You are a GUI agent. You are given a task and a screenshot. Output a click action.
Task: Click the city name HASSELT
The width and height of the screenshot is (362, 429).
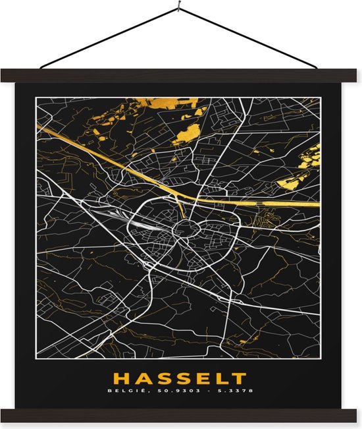tap(180, 379)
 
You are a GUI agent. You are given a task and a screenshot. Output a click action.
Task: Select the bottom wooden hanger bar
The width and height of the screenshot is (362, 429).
tap(181, 415)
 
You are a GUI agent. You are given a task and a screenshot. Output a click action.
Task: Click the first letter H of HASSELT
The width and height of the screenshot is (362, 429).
tap(122, 379)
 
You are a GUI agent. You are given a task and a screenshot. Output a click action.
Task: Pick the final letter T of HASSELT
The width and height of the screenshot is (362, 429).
tap(240, 379)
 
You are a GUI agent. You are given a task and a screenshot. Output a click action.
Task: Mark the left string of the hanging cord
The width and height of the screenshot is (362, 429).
tap(109, 40)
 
